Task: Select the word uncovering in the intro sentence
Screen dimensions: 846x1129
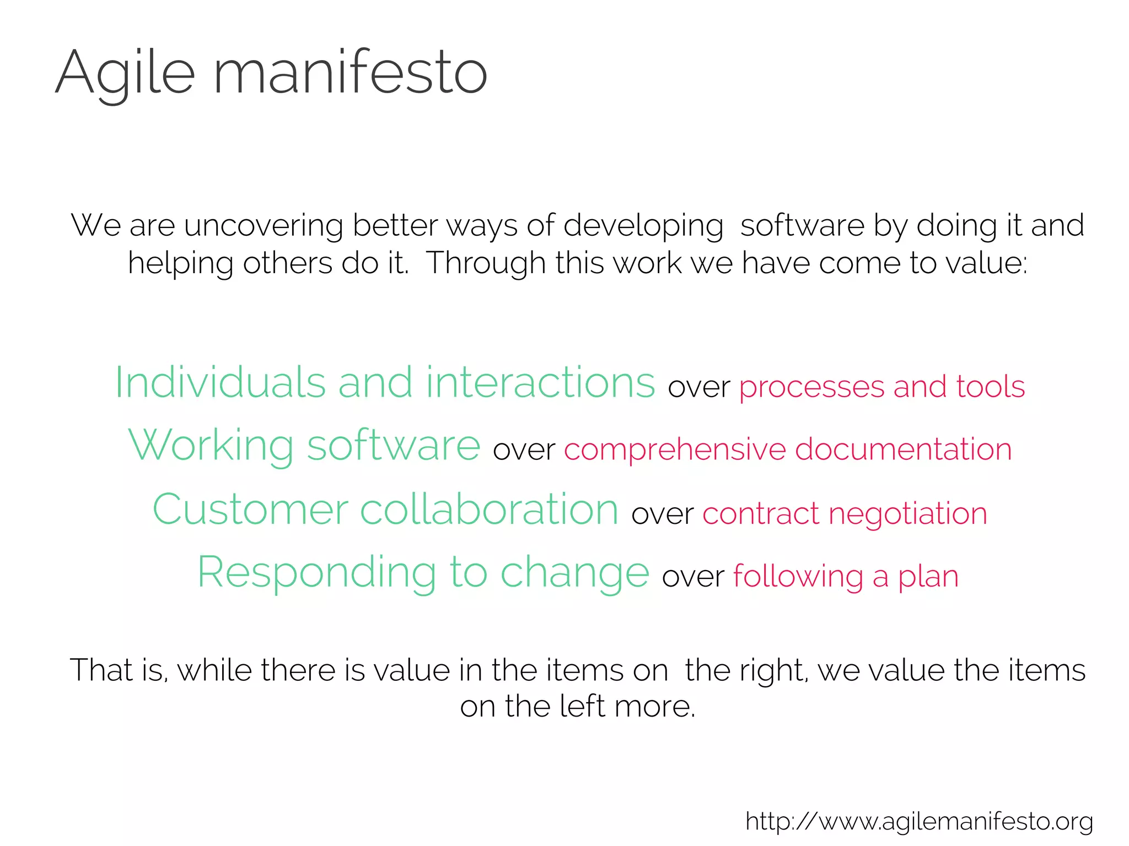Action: [263, 226]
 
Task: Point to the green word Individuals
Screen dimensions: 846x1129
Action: [220, 382]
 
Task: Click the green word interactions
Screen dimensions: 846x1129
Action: [540, 382]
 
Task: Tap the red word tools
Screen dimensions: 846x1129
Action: [990, 387]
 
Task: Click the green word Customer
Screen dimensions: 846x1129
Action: [250, 509]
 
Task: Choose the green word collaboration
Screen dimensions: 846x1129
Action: [489, 509]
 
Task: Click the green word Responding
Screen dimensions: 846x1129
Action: [316, 573]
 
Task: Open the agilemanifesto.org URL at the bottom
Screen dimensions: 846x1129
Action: [919, 821]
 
